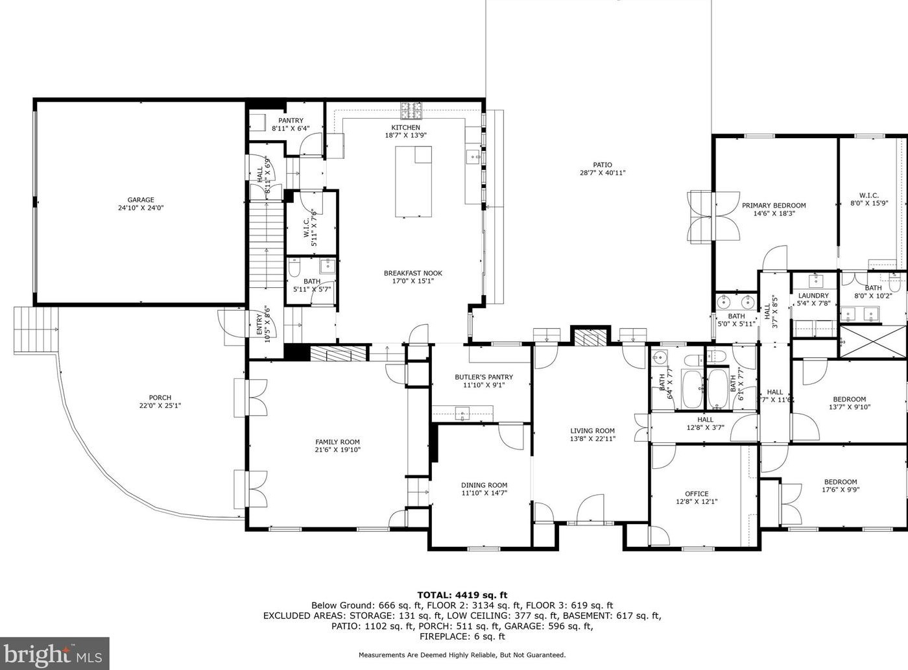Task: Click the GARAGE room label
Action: (141, 200)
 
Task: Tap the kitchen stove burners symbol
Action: (412, 110)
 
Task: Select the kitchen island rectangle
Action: (413, 182)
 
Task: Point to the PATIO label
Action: (602, 165)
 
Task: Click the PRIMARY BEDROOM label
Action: (774, 206)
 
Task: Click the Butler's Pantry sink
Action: (462, 413)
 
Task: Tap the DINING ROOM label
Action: (484, 485)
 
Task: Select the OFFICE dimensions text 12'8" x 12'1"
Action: (697, 501)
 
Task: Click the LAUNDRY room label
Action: (813, 296)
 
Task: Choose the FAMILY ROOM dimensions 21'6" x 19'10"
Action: (337, 449)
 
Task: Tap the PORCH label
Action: (160, 398)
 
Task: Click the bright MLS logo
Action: (54, 653)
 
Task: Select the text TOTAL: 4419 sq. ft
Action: (462, 595)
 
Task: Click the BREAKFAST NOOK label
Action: (413, 273)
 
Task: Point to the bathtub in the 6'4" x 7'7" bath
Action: (692, 389)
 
